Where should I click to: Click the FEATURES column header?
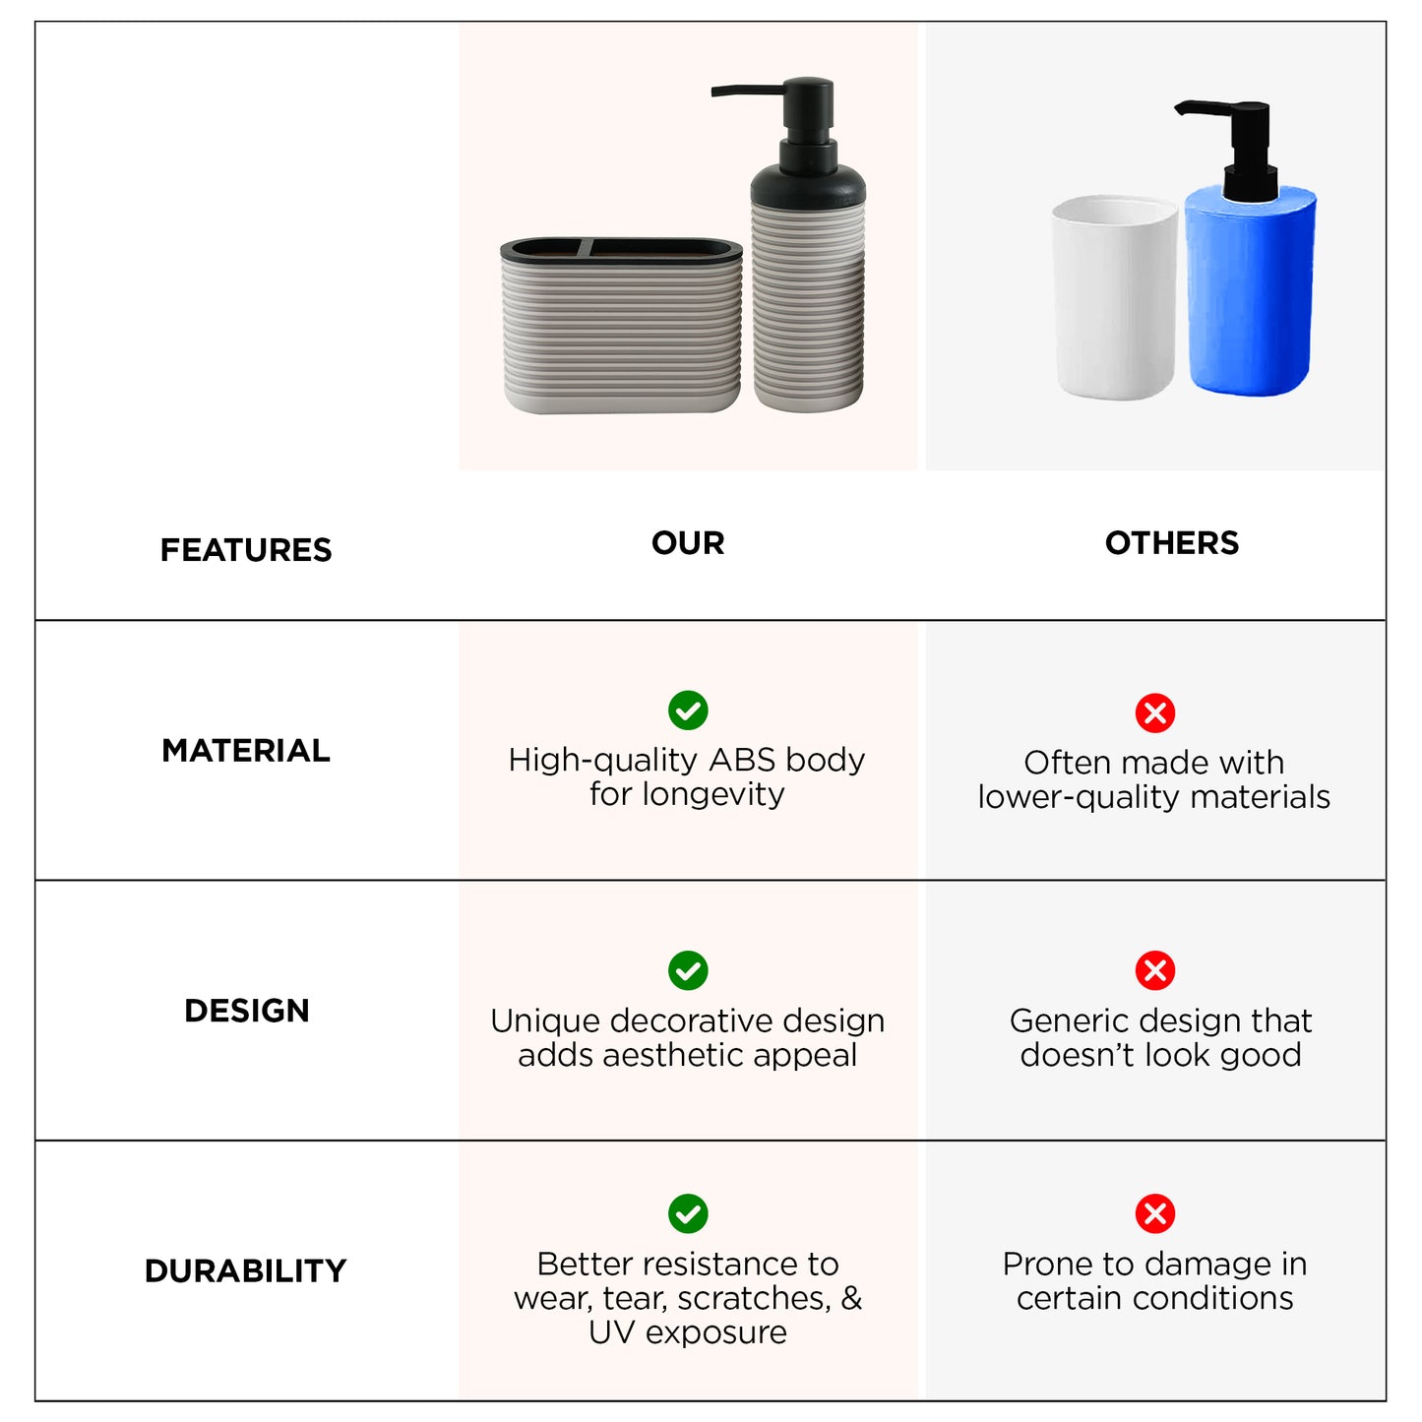(246, 550)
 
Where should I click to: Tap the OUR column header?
(688, 543)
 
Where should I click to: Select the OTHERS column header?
(1172, 543)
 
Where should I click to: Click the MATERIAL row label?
(246, 751)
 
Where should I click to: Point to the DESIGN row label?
(246, 1011)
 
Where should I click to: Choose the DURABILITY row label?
(246, 1270)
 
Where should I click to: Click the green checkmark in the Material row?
(688, 710)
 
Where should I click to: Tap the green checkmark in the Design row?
(688, 970)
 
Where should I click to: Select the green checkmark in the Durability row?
(688, 1213)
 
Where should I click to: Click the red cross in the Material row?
(1155, 712)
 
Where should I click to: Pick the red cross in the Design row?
(1155, 970)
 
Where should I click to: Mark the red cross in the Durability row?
(1155, 1213)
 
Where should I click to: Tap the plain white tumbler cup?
(1114, 296)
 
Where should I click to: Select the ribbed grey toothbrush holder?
(621, 325)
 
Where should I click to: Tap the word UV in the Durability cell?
(611, 1332)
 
